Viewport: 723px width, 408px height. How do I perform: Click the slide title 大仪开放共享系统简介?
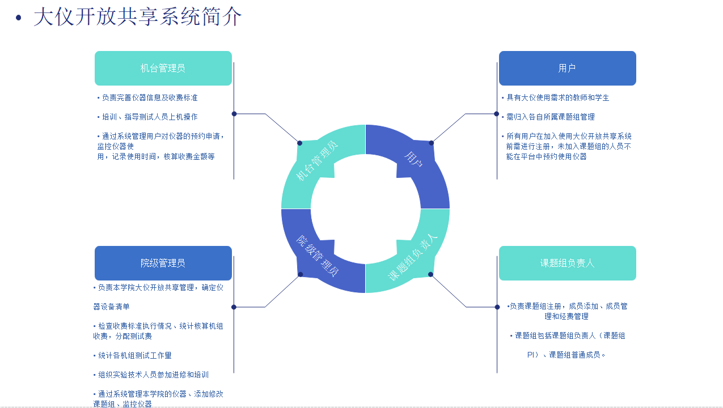tap(138, 17)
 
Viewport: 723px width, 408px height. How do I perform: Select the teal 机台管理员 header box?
tap(163, 68)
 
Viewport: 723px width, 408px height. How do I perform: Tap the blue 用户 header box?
tap(568, 68)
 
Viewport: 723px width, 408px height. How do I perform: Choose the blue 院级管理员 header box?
tap(163, 263)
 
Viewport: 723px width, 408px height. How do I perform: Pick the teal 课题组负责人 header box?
tap(568, 263)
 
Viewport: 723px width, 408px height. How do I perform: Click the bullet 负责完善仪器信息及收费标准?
tap(147, 97)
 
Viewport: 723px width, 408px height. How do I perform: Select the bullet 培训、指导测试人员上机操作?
tap(147, 117)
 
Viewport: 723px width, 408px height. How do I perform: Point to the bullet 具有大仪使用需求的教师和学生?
tap(556, 97)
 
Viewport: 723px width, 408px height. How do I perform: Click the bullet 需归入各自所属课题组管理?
tap(548, 117)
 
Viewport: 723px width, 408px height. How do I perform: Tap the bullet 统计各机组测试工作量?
tap(133, 355)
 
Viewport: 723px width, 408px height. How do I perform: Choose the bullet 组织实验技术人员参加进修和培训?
tap(151, 375)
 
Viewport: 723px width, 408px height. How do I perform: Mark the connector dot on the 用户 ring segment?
tap(431, 143)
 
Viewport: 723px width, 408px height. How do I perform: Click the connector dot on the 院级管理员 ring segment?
tap(300, 274)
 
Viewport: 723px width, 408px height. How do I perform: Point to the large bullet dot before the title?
tap(18, 18)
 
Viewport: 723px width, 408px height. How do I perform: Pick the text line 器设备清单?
tap(111, 307)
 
